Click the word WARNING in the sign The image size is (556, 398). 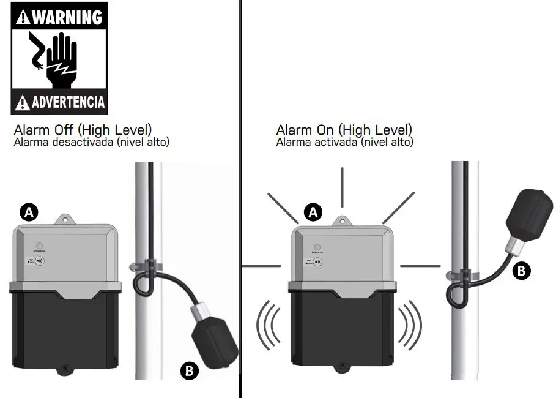pos(66,17)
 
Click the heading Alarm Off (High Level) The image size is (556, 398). pos(83,130)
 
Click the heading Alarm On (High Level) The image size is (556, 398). pos(344,130)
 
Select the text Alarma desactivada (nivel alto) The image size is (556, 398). pos(91,142)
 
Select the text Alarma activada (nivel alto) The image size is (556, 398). pos(344,142)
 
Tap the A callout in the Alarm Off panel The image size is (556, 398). pos(29,212)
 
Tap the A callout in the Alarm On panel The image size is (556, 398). pos(314,212)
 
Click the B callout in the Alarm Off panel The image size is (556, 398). pos(189,370)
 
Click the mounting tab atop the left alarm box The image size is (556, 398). pos(64,219)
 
